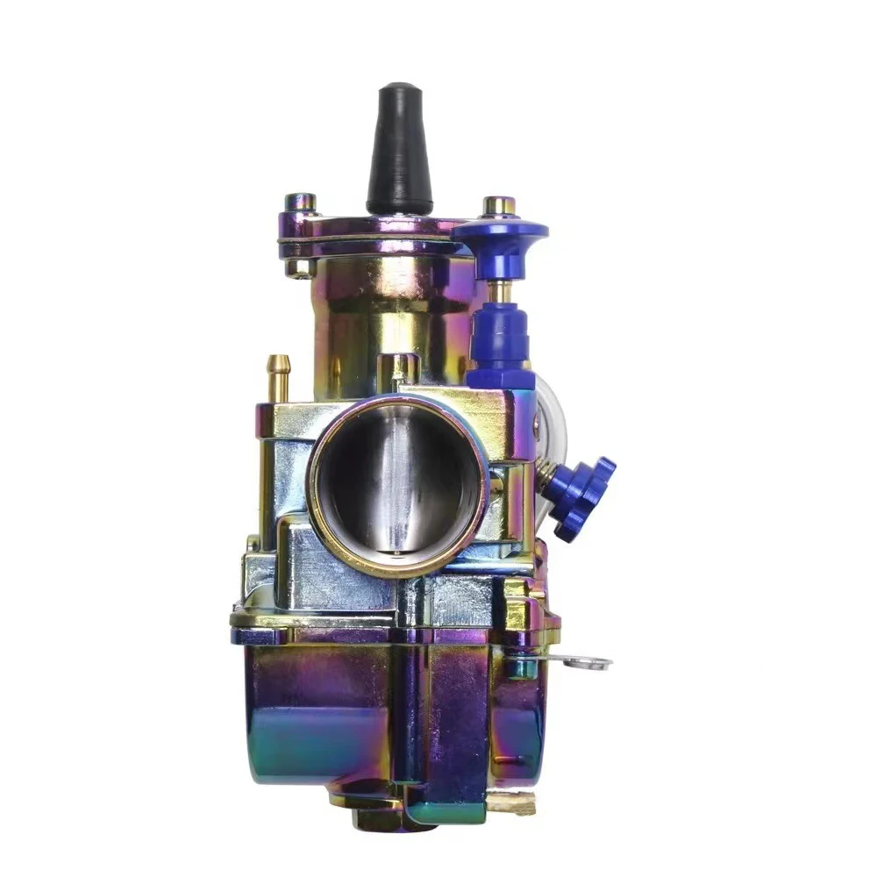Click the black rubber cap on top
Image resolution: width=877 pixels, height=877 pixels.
399,149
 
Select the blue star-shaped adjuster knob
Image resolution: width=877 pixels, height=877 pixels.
583,496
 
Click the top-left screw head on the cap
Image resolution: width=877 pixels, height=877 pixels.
301,203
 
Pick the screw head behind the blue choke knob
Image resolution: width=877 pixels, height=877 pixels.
499,206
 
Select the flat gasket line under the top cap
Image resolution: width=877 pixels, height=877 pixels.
368,239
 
